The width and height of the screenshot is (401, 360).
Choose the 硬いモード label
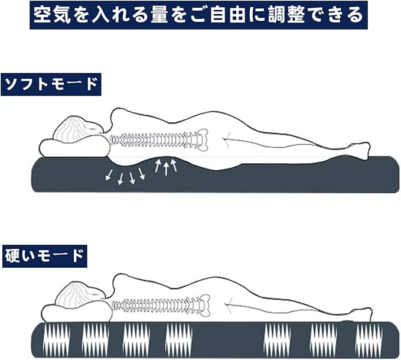click(x=44, y=256)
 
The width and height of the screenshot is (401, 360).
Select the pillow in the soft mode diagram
click(x=74, y=147)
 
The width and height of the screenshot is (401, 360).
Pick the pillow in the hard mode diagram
click(x=74, y=313)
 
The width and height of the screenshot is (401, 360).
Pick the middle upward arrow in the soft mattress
click(x=167, y=167)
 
